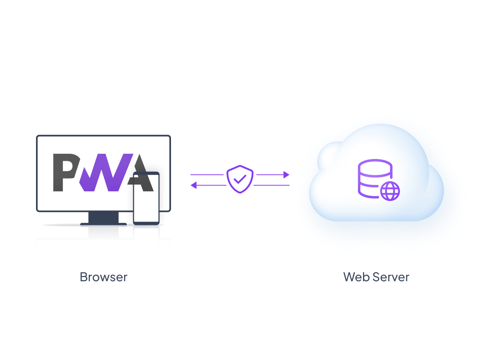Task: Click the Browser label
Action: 103,277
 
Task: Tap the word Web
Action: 356,277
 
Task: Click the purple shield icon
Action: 240,179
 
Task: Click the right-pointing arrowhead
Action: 286,175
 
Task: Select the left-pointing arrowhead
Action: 193,185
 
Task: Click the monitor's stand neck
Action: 103,217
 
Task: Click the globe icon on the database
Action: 390,191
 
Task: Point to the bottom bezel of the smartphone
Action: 146,223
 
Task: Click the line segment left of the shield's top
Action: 207,175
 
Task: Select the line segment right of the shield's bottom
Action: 271,185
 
